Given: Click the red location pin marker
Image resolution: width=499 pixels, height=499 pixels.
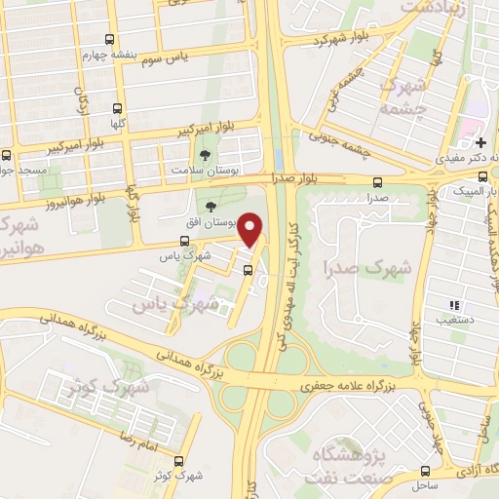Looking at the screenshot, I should [251, 229].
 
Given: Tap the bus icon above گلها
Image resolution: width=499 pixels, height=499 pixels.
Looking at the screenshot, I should [118, 109].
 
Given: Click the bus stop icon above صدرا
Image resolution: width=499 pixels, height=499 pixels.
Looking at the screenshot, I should [377, 181].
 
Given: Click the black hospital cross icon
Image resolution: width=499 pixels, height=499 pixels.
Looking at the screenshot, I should [480, 142].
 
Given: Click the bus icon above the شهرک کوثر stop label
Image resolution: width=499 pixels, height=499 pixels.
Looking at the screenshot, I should [177, 461].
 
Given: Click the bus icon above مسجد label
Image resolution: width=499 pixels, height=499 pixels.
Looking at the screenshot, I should [7, 154].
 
